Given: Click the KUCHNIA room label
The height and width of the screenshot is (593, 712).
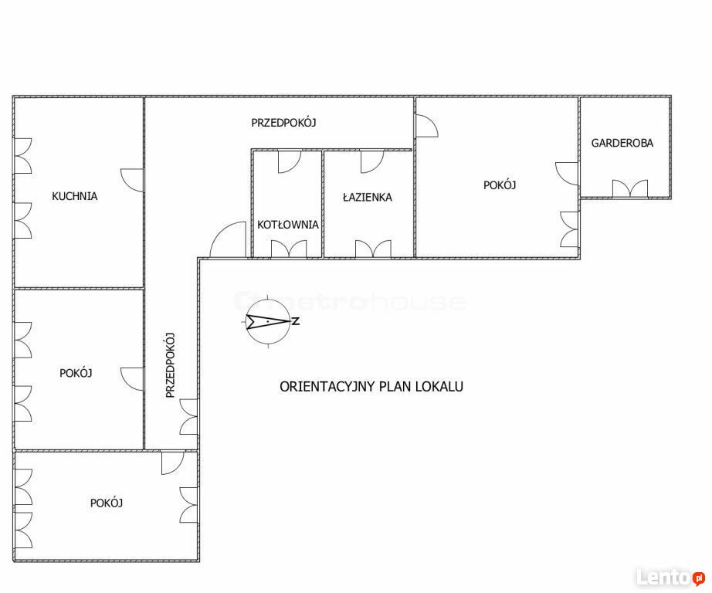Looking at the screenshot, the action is click(x=74, y=196).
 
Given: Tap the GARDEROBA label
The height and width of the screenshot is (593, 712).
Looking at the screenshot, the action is click(x=622, y=143).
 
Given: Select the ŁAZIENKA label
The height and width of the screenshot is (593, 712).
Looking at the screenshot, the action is click(x=368, y=197).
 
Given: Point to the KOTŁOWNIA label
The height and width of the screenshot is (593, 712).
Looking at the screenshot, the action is click(x=288, y=224).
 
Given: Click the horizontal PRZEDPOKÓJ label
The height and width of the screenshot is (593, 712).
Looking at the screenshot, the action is click(x=284, y=123).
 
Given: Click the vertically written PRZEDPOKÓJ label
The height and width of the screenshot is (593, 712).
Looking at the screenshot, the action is click(x=171, y=365).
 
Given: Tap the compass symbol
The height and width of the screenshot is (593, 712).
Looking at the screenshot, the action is click(x=268, y=321).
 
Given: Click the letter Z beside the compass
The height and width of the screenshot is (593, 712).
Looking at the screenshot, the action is click(x=296, y=321).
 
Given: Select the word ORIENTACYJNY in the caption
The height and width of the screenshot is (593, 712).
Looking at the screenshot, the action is click(x=327, y=386).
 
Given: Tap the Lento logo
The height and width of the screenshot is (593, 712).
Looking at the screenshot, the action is click(x=670, y=577).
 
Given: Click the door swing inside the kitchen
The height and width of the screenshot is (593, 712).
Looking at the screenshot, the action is click(x=132, y=180).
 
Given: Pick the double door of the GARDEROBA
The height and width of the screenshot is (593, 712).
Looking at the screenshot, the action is click(x=630, y=188).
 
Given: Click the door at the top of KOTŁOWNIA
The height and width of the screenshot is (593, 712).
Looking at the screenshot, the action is click(x=290, y=161).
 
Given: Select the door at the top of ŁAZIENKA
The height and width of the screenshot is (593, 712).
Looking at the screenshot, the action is click(x=372, y=161).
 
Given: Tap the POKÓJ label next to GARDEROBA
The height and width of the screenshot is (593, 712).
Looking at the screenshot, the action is click(x=500, y=185).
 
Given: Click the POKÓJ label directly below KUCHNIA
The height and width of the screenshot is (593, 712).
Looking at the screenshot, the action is click(x=76, y=373).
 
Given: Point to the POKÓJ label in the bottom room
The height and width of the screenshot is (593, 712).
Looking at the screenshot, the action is click(x=107, y=503).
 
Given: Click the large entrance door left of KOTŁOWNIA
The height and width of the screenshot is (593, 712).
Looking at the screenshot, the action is click(x=228, y=239).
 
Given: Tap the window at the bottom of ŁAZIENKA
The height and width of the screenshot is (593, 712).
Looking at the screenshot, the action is click(x=373, y=249).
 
